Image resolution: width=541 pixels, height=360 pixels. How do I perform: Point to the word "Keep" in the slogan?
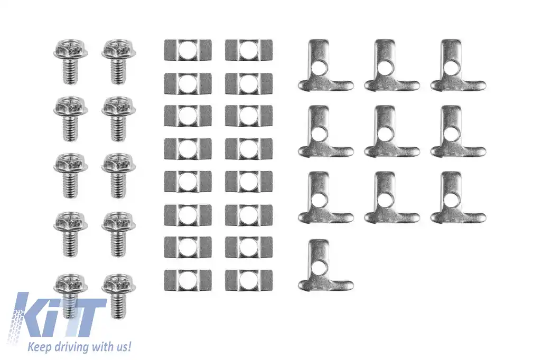click(38, 347)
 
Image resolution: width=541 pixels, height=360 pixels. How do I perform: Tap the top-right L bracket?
click(458, 65)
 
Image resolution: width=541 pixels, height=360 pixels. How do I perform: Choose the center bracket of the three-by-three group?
click(391, 131)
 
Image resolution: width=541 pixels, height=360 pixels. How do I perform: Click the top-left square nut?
click(188, 50)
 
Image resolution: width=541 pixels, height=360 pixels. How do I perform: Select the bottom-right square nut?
click(249, 280)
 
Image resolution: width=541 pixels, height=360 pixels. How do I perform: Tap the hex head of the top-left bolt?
click(71, 50)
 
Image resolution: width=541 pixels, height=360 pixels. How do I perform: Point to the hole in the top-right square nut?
click(249, 50)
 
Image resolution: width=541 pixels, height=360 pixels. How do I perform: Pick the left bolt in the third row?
click(71, 176)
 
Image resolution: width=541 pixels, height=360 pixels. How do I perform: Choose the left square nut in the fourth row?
click(188, 149)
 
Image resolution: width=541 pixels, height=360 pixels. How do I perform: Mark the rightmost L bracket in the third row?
click(458, 197)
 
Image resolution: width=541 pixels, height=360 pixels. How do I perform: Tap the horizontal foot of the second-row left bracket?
click(325, 150)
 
